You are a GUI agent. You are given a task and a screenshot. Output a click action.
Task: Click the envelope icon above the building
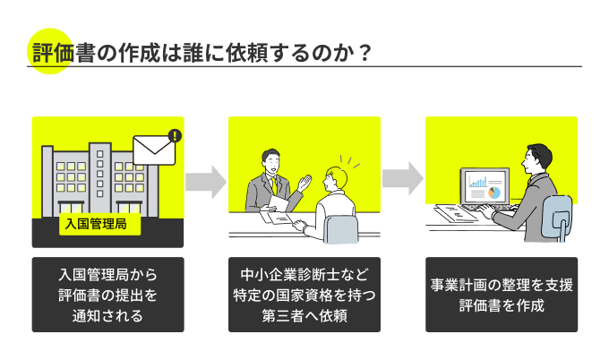(x=155, y=152)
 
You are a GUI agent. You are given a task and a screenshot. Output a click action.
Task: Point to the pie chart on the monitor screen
(x=493, y=191)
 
